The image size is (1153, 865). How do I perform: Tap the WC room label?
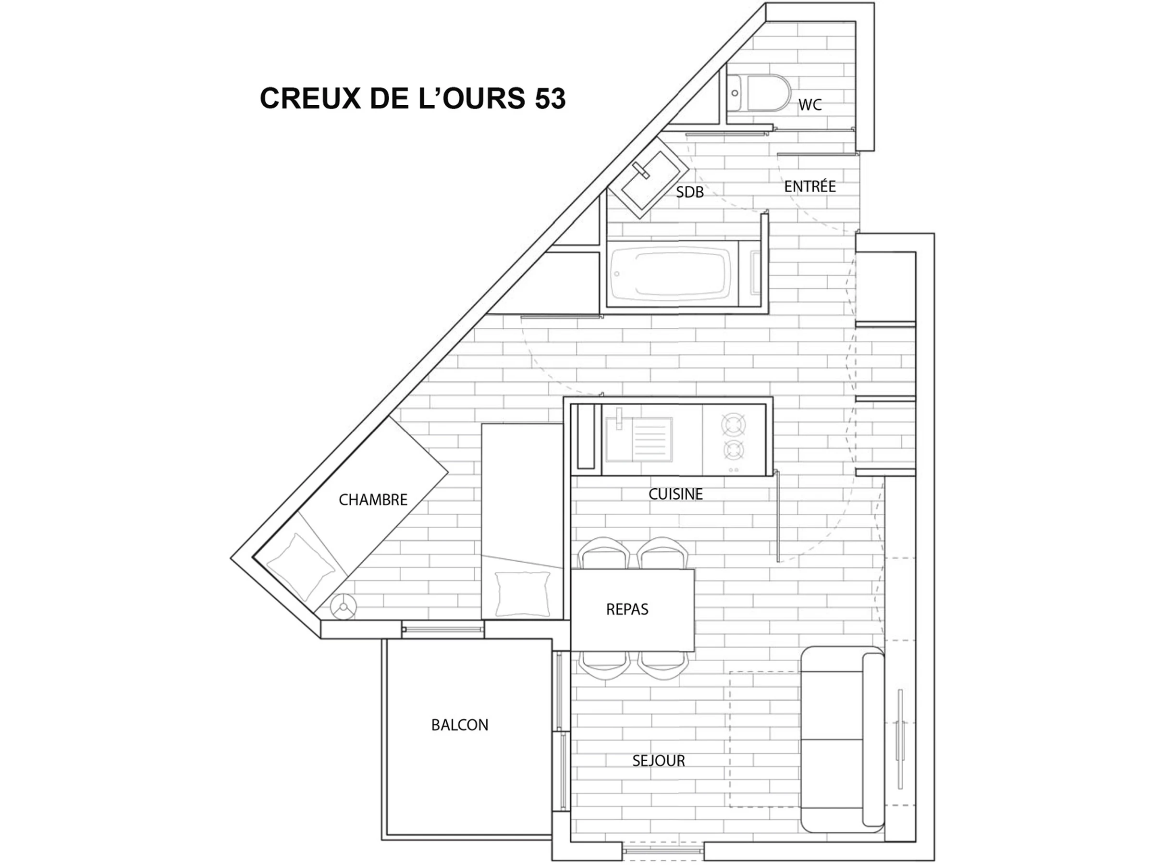(810, 105)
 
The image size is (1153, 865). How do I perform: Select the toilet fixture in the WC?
(759, 93)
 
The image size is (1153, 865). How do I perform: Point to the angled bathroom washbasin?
(649, 177)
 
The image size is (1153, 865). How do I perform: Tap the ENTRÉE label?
(810, 186)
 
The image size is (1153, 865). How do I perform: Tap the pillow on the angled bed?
(300, 567)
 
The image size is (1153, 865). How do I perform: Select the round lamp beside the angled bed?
(343, 607)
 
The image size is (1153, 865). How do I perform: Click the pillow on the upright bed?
(523, 594)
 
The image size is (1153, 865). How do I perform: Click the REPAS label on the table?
(627, 609)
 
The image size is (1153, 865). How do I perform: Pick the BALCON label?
(460, 725)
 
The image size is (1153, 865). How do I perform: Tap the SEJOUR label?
(658, 761)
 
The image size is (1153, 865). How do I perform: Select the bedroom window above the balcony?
(442, 630)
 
